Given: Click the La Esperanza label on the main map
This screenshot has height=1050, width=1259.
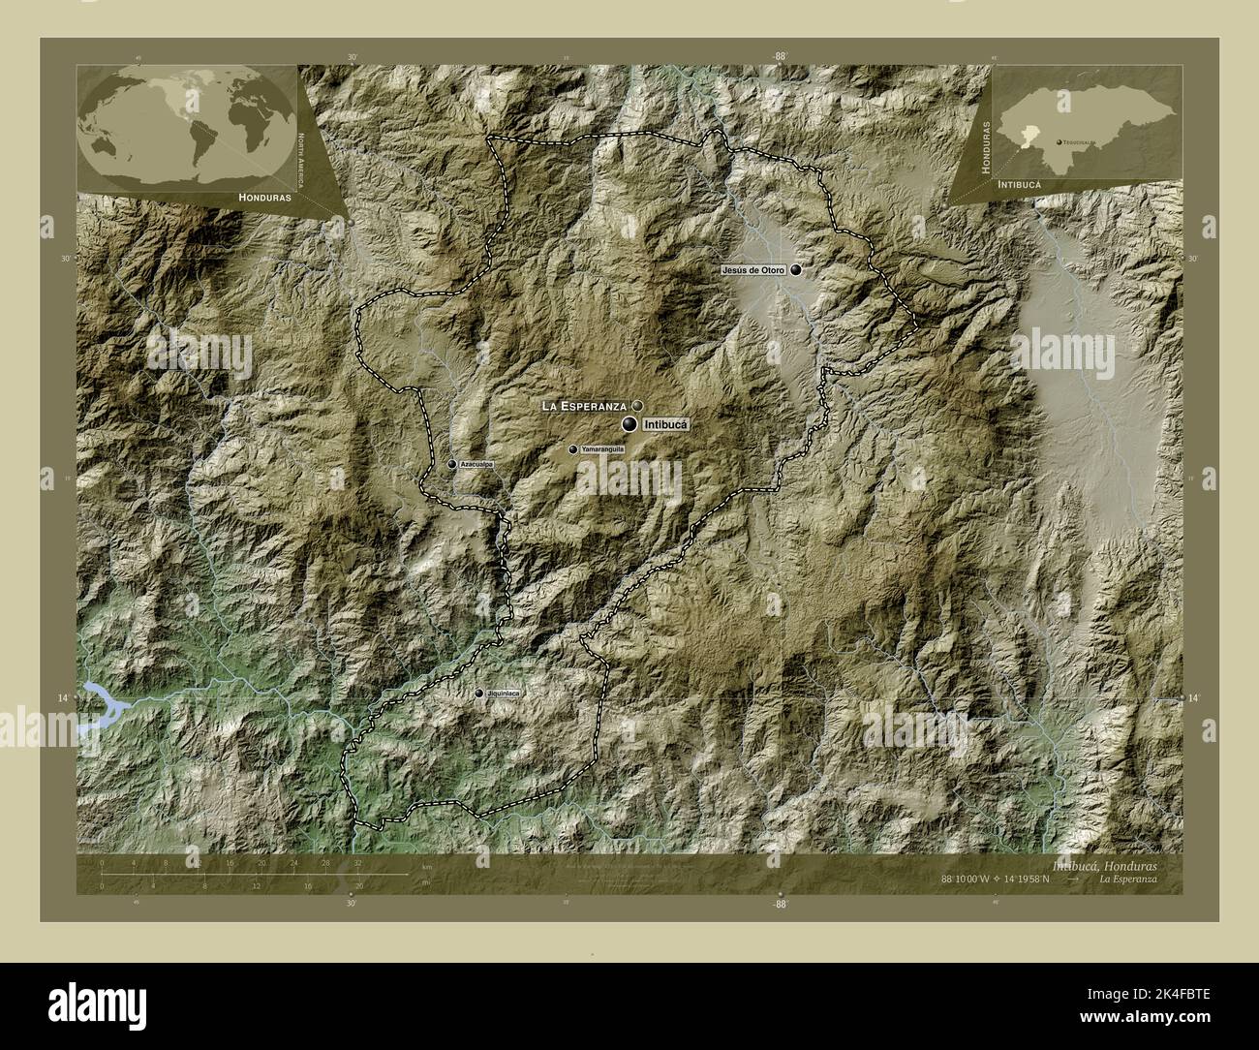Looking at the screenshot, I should click(585, 406).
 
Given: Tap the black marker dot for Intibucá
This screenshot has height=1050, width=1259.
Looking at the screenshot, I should click(629, 424).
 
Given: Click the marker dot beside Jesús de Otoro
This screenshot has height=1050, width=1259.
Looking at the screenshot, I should click(796, 270).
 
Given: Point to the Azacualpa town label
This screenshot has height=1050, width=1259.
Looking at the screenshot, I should click(477, 465).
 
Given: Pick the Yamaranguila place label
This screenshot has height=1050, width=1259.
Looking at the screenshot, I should click(602, 450).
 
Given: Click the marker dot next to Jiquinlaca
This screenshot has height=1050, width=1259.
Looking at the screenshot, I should click(479, 694).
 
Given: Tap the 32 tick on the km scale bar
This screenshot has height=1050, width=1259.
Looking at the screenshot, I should click(358, 861).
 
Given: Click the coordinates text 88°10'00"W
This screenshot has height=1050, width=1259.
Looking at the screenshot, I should click(982, 879).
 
